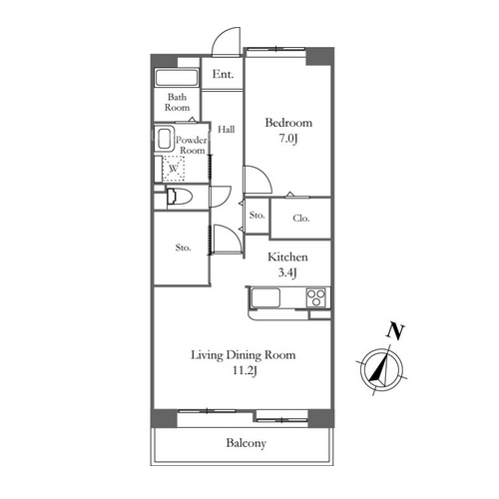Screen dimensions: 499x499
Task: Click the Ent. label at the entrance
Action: click(223, 74)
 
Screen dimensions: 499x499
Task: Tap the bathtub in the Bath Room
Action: click(177, 78)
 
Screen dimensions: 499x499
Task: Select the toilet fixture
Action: click(180, 197)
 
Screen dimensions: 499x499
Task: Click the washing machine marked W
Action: click(174, 169)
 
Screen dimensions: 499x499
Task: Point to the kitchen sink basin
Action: click(265, 297)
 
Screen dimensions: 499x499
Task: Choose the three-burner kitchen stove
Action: click(316, 297)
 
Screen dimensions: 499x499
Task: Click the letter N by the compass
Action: click(395, 331)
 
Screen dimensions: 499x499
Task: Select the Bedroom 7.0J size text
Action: click(288, 138)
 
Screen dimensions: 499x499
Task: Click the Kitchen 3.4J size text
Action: click(287, 272)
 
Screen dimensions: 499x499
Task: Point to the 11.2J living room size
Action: click(245, 370)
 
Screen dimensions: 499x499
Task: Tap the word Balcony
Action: click(247, 443)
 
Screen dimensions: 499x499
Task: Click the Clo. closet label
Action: click(301, 219)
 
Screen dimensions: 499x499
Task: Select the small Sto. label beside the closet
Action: click(256, 216)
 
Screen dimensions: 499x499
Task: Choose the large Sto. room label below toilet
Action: click(183, 248)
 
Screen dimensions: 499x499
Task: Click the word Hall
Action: click(227, 129)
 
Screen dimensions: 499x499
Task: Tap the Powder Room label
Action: click(191, 145)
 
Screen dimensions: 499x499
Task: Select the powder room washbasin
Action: click(165, 139)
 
